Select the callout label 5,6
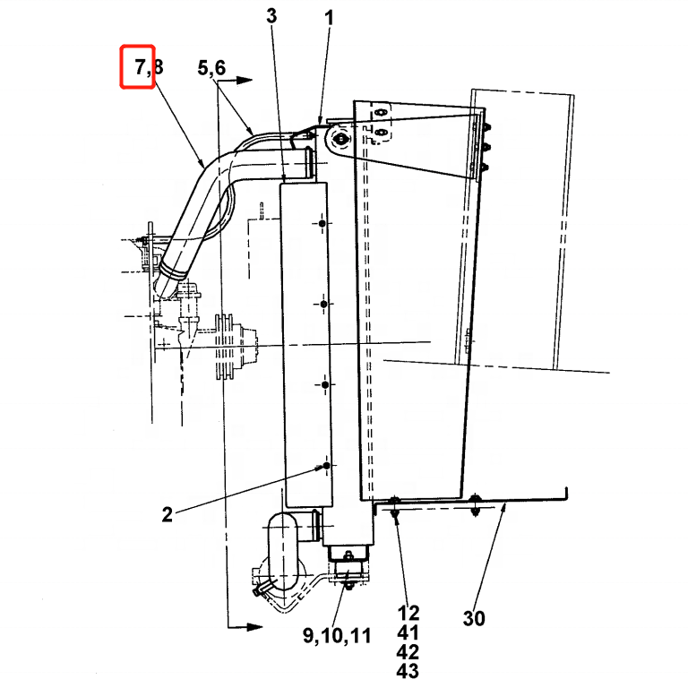click(x=213, y=67)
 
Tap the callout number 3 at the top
click(x=272, y=15)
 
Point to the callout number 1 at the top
click(x=329, y=16)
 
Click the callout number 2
click(x=167, y=514)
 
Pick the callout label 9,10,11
click(x=336, y=636)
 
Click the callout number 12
click(x=408, y=614)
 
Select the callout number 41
click(x=408, y=633)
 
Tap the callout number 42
click(x=408, y=652)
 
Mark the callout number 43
click(x=408, y=671)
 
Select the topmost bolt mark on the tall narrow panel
click(x=324, y=221)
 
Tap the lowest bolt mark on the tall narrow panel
click(x=325, y=466)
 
